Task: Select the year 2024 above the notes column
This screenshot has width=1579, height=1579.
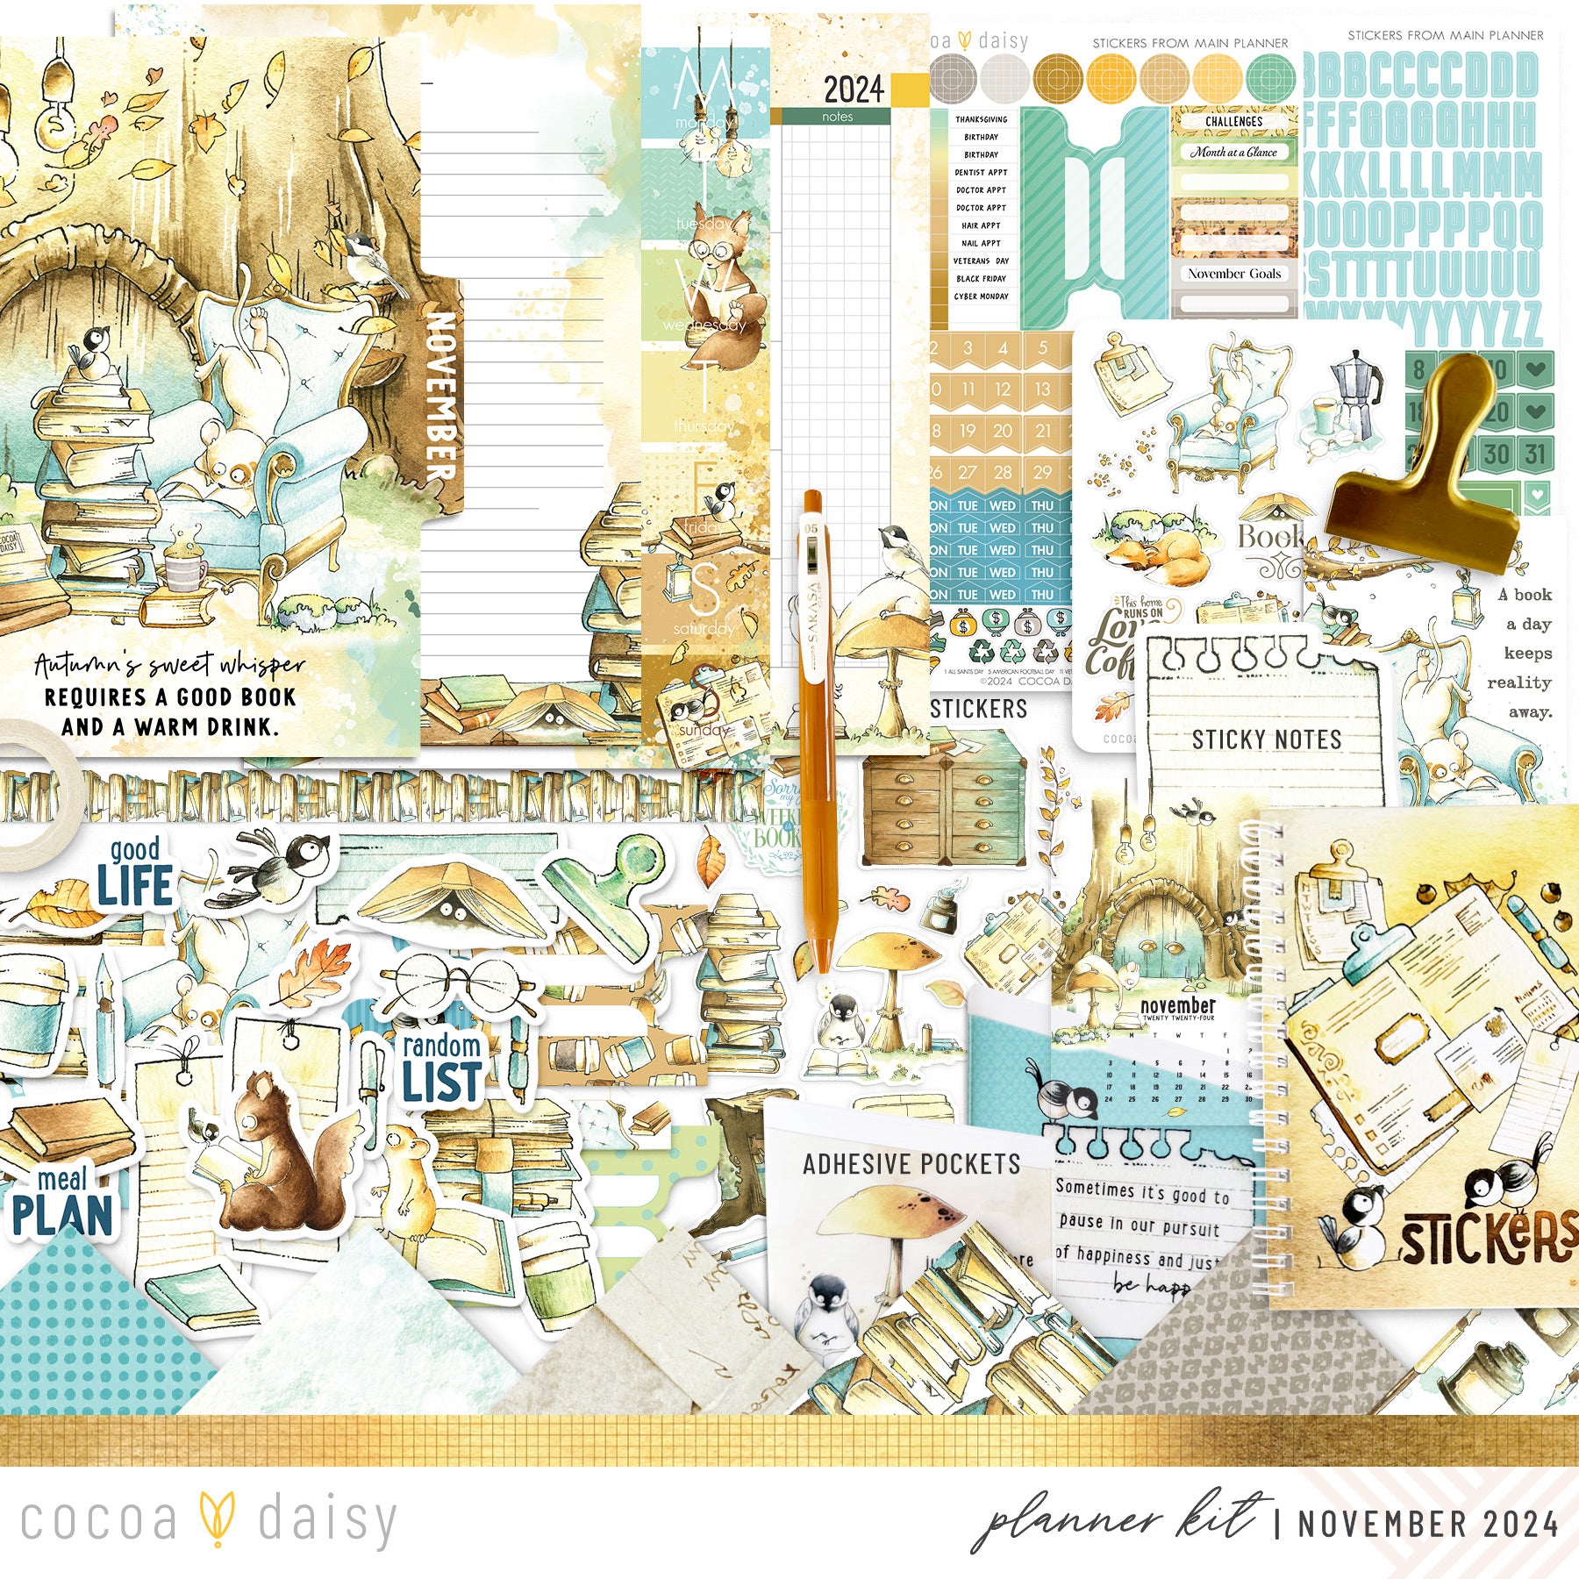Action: (853, 89)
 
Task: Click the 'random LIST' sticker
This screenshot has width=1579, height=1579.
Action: (441, 1068)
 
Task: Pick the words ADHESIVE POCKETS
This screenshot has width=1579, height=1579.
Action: (911, 1164)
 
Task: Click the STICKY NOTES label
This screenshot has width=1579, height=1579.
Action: (1266, 739)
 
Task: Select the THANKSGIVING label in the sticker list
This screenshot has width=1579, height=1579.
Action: (981, 119)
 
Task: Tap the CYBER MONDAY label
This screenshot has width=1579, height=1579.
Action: (981, 297)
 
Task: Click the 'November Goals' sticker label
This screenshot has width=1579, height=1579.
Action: (1234, 274)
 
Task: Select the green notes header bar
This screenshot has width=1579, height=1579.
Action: (837, 117)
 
